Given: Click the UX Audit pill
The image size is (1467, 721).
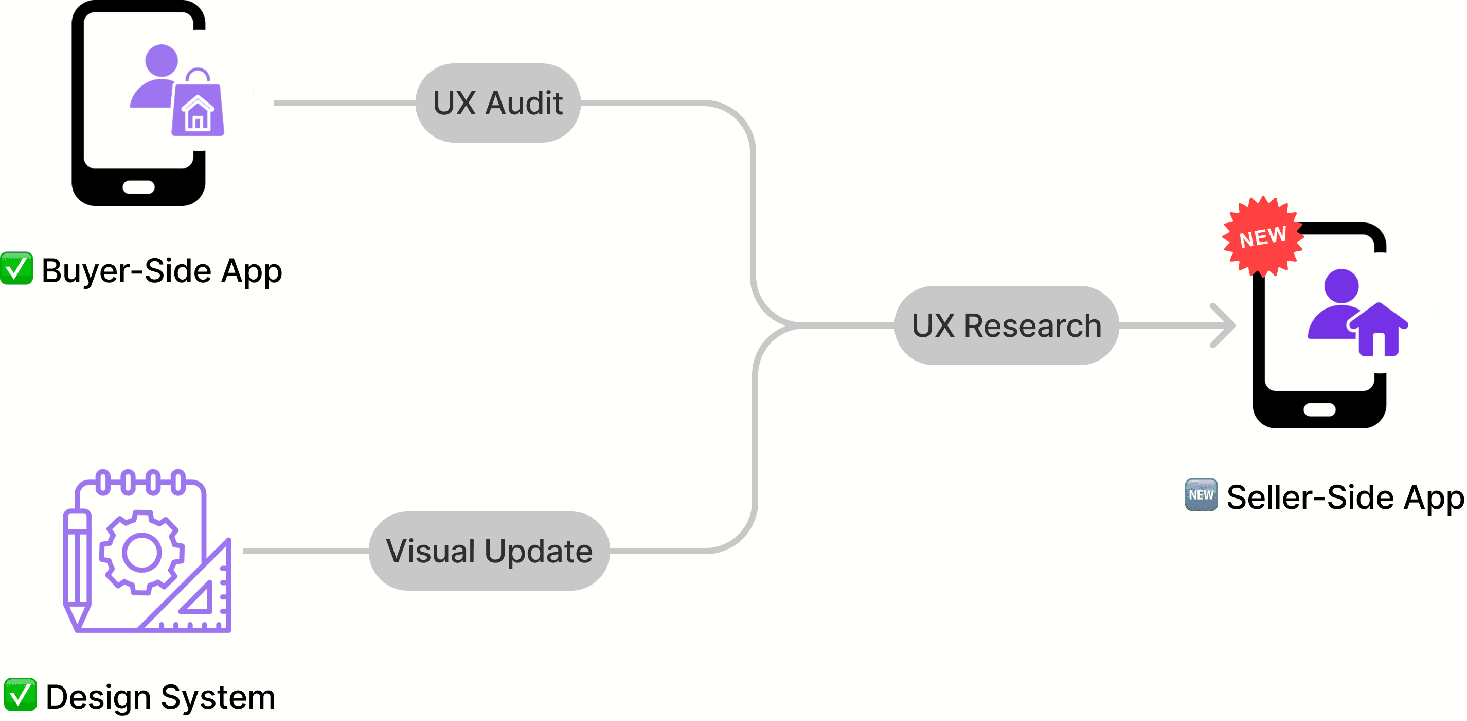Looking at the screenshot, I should tap(498, 103).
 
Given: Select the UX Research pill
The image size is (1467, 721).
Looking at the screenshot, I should tap(1006, 325).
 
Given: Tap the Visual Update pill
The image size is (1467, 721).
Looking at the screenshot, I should tap(489, 551).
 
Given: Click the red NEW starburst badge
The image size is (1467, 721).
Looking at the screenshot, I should tap(1263, 236).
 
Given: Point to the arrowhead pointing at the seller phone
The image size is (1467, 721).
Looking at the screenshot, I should tap(1224, 325).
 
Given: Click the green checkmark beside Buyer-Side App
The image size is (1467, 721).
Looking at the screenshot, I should tap(16, 268).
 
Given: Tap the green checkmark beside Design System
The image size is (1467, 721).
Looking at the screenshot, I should tap(21, 695).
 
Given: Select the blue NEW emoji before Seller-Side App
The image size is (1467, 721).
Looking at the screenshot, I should tap(1201, 495).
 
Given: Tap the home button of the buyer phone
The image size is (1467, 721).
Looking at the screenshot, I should tap(138, 187).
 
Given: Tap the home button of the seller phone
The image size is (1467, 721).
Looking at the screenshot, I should tap(1319, 409).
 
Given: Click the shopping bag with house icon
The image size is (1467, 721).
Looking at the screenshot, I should tap(198, 107).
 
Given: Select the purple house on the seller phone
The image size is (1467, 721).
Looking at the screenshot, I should tap(1378, 331).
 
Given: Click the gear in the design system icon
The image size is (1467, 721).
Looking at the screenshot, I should tap(142, 552).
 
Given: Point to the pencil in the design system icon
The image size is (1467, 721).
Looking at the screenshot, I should tap(77, 570).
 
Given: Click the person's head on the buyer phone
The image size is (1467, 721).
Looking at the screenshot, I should tap(161, 60).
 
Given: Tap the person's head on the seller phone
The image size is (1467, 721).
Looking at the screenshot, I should tap(1341, 285).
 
